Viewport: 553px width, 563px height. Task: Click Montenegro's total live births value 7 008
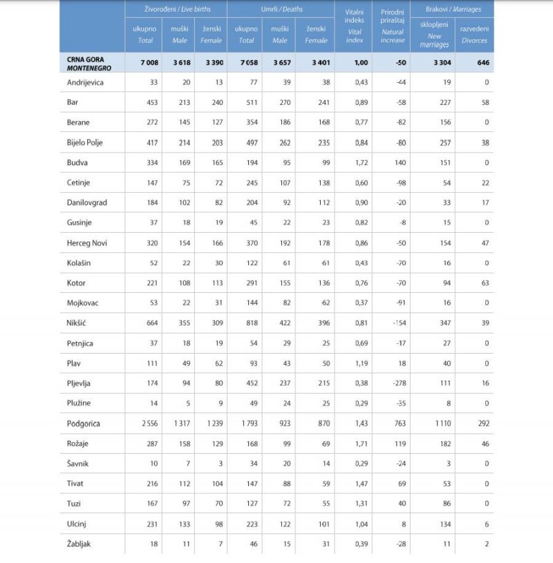tap(149, 62)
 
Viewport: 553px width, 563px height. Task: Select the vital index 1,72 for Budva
tap(358, 162)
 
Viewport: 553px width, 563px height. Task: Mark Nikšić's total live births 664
tap(151, 323)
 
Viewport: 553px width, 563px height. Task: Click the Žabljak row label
tap(79, 544)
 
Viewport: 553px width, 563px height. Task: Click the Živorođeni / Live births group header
tap(176, 10)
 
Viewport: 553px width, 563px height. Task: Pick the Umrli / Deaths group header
tap(281, 10)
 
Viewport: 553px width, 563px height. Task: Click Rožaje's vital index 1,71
tap(358, 443)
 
